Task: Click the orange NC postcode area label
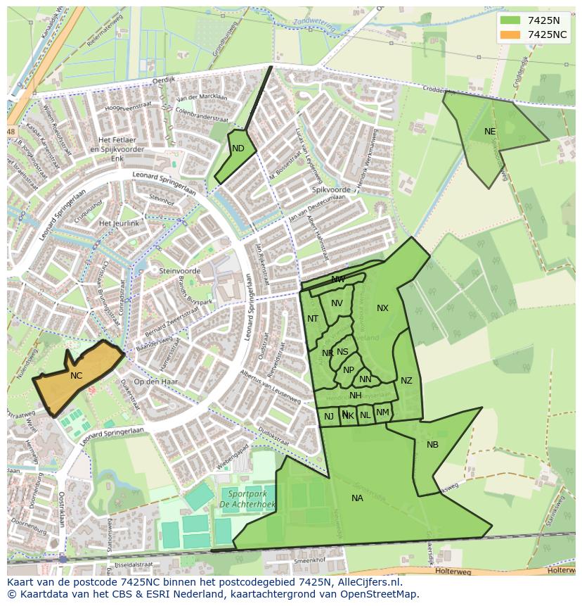76,376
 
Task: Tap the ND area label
238,149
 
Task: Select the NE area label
490,132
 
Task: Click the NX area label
382,308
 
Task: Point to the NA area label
357,498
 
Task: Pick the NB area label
432,445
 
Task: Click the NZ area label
406,381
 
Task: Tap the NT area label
313,319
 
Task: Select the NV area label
337,303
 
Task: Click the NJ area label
329,417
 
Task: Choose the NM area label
382,412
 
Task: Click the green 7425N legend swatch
510,20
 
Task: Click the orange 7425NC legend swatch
510,34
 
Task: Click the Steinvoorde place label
180,271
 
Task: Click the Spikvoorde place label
330,190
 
